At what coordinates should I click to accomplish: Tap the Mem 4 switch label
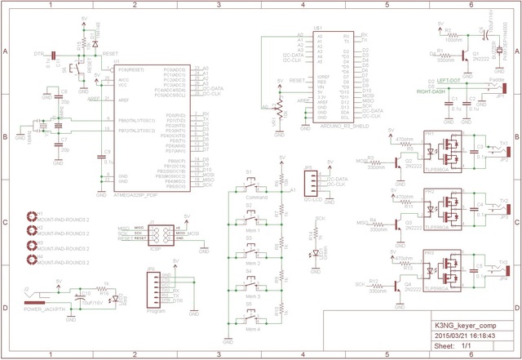(x=253, y=328)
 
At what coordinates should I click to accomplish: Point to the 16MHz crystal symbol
(x=38, y=126)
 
